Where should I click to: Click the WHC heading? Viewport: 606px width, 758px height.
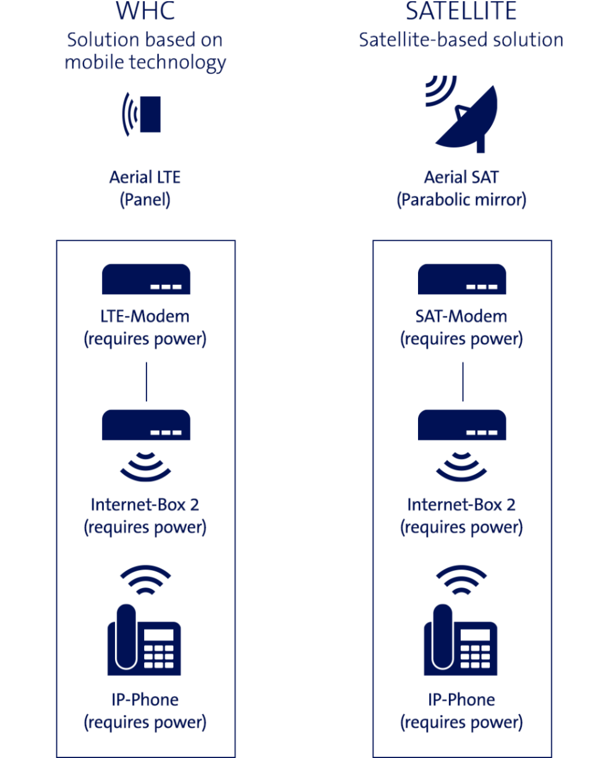coord(145,11)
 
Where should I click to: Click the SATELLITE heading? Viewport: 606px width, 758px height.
coord(461,11)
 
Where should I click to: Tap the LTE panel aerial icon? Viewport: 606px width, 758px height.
coord(142,114)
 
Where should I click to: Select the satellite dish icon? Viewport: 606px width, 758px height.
coord(462,114)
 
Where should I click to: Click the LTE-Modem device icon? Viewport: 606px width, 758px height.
coord(146,279)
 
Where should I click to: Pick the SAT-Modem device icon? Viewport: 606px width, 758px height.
coord(462,279)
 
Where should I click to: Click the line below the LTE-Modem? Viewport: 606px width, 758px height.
coord(147,382)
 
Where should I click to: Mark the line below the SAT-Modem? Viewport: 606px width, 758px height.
coord(463,382)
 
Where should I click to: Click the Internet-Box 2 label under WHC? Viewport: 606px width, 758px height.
coord(145,516)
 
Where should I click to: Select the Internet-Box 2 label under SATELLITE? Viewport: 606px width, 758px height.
coord(461,516)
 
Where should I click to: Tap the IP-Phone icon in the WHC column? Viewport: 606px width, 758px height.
coord(144,640)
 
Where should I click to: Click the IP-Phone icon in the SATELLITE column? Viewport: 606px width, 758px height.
coord(461,640)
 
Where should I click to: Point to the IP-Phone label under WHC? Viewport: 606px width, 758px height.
coord(145,711)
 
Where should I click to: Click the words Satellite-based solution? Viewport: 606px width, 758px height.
coord(461,40)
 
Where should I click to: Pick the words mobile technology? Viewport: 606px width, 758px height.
coord(145,62)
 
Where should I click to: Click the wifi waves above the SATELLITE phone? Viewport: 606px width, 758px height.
coord(461,581)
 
